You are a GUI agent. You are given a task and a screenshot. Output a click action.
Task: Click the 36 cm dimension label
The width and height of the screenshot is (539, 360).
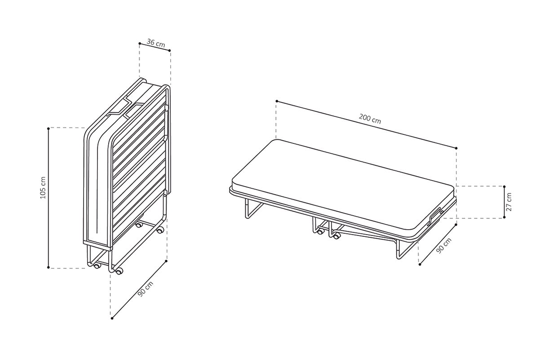pos(156,43)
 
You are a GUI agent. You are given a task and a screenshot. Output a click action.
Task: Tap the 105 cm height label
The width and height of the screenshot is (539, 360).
pos(43,187)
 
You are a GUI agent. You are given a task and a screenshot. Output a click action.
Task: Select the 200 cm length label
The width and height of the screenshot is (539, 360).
pos(370,119)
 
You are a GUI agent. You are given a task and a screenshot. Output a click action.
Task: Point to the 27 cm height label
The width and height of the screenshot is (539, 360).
pos(508,202)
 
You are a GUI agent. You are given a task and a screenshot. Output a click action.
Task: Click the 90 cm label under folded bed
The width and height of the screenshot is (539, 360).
pos(146,289)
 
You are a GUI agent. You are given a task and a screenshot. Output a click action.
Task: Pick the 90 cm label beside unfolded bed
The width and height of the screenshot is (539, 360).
pos(444,245)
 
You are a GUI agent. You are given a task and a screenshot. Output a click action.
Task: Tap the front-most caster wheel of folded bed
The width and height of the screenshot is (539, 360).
pos(119,271)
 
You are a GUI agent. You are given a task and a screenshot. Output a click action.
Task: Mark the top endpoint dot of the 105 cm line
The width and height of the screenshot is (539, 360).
pos(49,129)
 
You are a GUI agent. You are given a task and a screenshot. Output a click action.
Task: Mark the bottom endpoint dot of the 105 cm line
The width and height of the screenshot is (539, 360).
pos(49,267)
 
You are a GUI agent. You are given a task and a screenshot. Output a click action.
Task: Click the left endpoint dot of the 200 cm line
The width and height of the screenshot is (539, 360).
pos(277,101)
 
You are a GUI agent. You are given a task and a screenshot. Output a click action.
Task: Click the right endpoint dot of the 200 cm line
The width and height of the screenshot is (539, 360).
pos(456,148)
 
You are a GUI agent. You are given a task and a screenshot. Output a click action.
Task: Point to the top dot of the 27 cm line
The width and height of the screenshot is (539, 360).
pos(504,187)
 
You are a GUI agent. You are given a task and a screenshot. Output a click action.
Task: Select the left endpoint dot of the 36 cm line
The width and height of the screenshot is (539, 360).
pos(140,43)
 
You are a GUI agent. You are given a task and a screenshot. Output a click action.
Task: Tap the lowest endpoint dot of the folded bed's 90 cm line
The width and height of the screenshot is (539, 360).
pos(112,318)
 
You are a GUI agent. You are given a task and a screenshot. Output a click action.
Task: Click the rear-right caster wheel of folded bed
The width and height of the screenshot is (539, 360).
pos(160,231)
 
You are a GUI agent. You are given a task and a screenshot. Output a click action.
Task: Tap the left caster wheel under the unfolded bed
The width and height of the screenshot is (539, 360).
pos(320,231)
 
